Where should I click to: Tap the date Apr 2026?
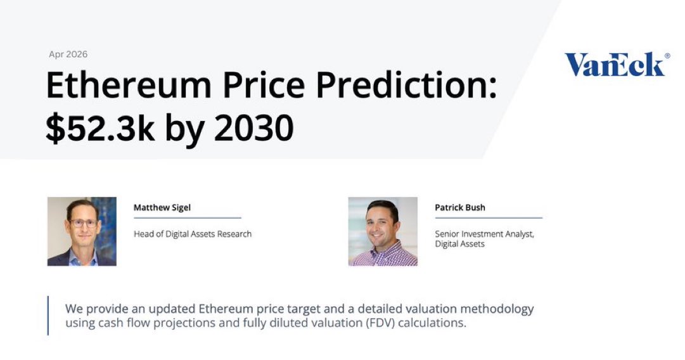click(x=68, y=54)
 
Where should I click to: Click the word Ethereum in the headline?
click(x=129, y=85)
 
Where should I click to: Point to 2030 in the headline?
click(x=254, y=128)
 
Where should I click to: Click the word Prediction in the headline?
click(x=406, y=85)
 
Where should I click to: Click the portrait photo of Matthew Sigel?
click(x=82, y=231)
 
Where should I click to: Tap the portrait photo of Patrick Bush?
click(x=383, y=231)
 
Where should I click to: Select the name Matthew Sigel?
click(x=162, y=207)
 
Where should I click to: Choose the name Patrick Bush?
click(x=460, y=207)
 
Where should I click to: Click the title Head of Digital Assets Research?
click(x=193, y=234)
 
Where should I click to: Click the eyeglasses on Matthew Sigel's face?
click(x=84, y=223)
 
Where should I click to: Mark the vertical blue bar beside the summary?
click(x=48, y=316)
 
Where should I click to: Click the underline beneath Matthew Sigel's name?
click(x=188, y=217)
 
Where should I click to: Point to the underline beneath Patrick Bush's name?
click(x=489, y=217)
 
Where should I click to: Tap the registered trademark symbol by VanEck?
click(x=667, y=56)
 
